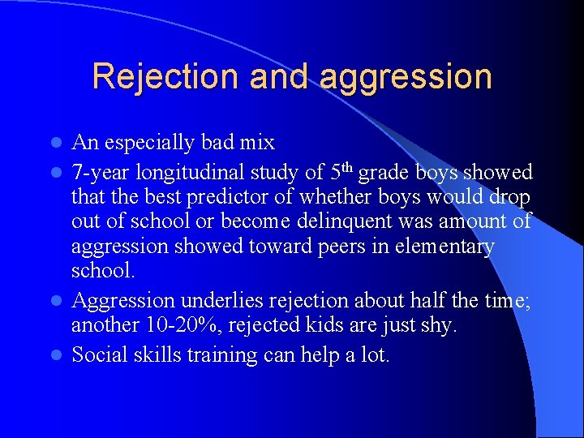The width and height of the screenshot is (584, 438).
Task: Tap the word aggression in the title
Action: pyautogui.click(x=406, y=77)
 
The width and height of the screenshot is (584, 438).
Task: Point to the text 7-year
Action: pyautogui.click(x=100, y=172)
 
